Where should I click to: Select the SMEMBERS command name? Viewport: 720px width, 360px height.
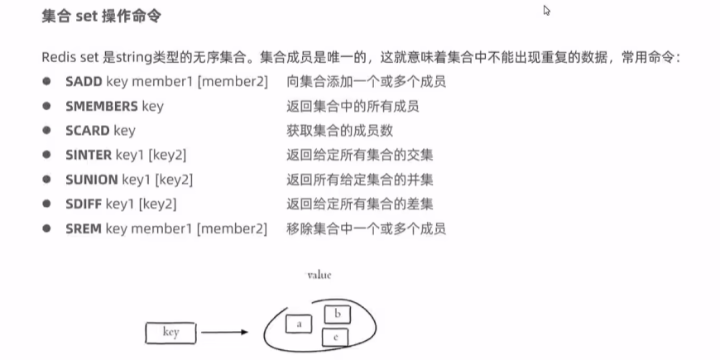(101, 106)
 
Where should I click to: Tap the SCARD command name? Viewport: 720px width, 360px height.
(87, 130)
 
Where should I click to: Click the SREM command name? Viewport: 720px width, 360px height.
(84, 228)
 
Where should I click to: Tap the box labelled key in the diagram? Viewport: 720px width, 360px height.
(171, 333)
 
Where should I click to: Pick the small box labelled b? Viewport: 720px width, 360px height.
(336, 314)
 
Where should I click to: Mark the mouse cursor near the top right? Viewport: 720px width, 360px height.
(546, 11)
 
